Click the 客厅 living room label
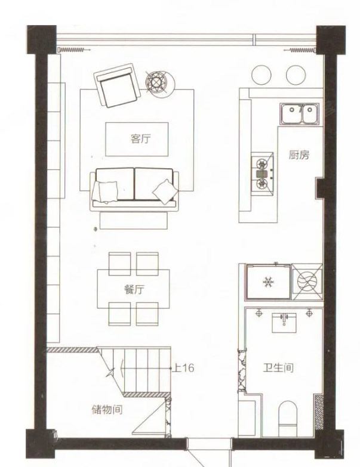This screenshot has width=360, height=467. click(x=141, y=139)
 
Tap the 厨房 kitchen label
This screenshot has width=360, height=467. click(x=299, y=155)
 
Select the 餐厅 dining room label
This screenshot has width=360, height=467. click(x=134, y=289)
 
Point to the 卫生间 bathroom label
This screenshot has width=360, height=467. click(x=278, y=368)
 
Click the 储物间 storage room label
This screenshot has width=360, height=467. click(x=107, y=410)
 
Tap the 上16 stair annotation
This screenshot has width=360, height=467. click(x=183, y=368)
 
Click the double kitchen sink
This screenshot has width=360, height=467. click(x=299, y=114)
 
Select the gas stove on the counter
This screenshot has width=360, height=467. click(x=262, y=174)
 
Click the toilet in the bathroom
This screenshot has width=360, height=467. click(x=288, y=419)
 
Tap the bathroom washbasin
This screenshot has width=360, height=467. click(x=284, y=323)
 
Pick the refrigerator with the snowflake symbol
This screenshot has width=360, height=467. click(x=268, y=282)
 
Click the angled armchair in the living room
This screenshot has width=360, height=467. click(x=117, y=85)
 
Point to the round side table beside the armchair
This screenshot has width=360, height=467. click(x=160, y=82)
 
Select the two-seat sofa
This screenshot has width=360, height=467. click(x=134, y=190)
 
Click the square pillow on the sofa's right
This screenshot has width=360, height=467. click(x=165, y=191)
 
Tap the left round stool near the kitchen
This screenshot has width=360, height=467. click(x=261, y=75)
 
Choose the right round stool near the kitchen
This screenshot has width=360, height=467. click(x=296, y=75)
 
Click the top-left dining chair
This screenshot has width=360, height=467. click(x=119, y=264)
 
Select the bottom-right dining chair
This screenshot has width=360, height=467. click(x=147, y=314)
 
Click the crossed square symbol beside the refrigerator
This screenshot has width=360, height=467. click(x=307, y=282)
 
